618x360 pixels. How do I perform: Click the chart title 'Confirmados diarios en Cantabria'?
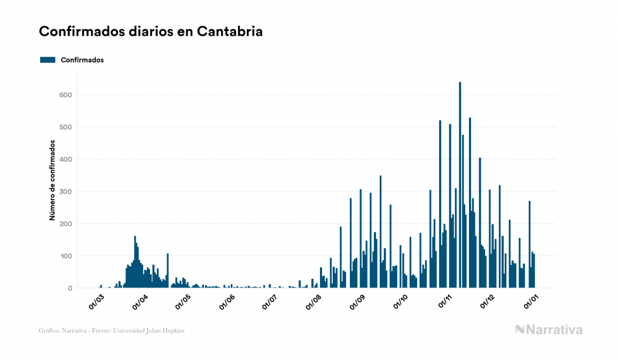[151, 32]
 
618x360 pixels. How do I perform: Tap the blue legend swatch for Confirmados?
[48, 60]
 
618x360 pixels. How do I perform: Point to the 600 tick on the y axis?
[65, 95]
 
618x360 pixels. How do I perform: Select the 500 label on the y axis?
[65, 127]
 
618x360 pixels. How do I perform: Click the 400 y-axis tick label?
[65, 159]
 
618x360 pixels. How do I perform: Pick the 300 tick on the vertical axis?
[65, 192]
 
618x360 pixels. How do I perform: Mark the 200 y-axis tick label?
[65, 224]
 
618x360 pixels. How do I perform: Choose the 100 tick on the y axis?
[65, 256]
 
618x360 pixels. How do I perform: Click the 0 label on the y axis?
[69, 288]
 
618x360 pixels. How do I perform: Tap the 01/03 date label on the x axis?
[97, 301]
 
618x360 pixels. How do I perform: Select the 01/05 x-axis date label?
[183, 301]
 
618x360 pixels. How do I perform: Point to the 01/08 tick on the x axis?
[314, 301]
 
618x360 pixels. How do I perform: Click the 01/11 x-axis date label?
[445, 301]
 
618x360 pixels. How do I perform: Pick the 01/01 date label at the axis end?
[531, 301]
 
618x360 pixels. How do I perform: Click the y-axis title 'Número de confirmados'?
[52, 180]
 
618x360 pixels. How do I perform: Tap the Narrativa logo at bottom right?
[549, 330]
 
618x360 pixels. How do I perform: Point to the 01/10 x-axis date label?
[401, 301]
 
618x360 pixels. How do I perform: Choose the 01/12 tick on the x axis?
[488, 301]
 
